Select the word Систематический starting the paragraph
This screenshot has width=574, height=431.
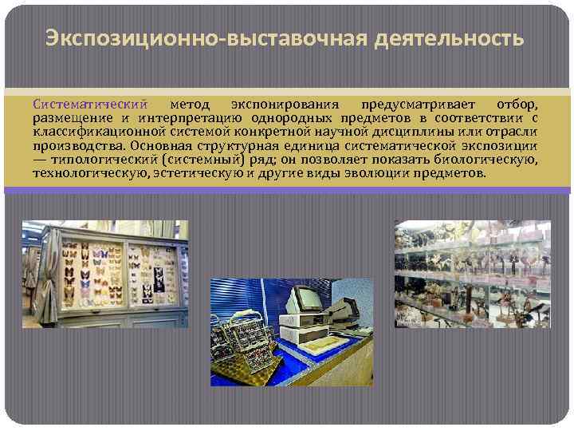coord(90,105)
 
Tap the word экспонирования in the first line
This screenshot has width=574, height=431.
coord(285,105)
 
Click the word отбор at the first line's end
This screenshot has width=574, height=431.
coord(516,105)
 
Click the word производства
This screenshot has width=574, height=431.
coord(79,145)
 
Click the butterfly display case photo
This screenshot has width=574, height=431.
coord(105,273)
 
